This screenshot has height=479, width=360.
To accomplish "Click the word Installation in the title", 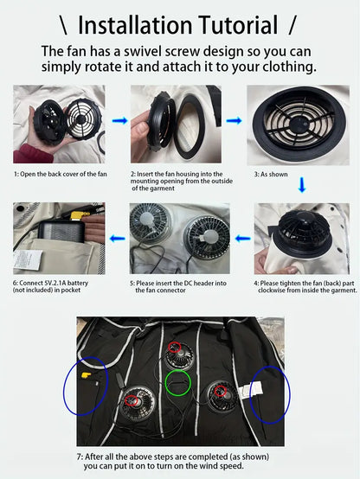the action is (x=136, y=25).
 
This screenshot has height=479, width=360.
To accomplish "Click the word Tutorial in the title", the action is (x=238, y=25).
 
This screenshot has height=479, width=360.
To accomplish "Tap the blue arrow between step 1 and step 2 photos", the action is (x=119, y=121).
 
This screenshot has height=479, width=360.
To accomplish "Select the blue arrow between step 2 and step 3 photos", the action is (x=234, y=121).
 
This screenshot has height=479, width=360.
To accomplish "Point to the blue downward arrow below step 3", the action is (x=302, y=185).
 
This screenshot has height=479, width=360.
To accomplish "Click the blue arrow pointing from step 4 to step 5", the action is (x=243, y=239).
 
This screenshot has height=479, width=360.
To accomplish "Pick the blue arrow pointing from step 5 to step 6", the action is (x=118, y=239).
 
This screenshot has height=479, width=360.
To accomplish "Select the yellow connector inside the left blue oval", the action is (x=86, y=374).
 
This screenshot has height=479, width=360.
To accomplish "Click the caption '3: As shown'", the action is (x=271, y=175).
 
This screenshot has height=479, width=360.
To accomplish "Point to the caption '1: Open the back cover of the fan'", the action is (x=61, y=174).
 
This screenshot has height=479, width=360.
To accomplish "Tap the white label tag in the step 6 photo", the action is (x=28, y=259).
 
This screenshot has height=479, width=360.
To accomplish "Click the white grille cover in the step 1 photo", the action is (x=81, y=118).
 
